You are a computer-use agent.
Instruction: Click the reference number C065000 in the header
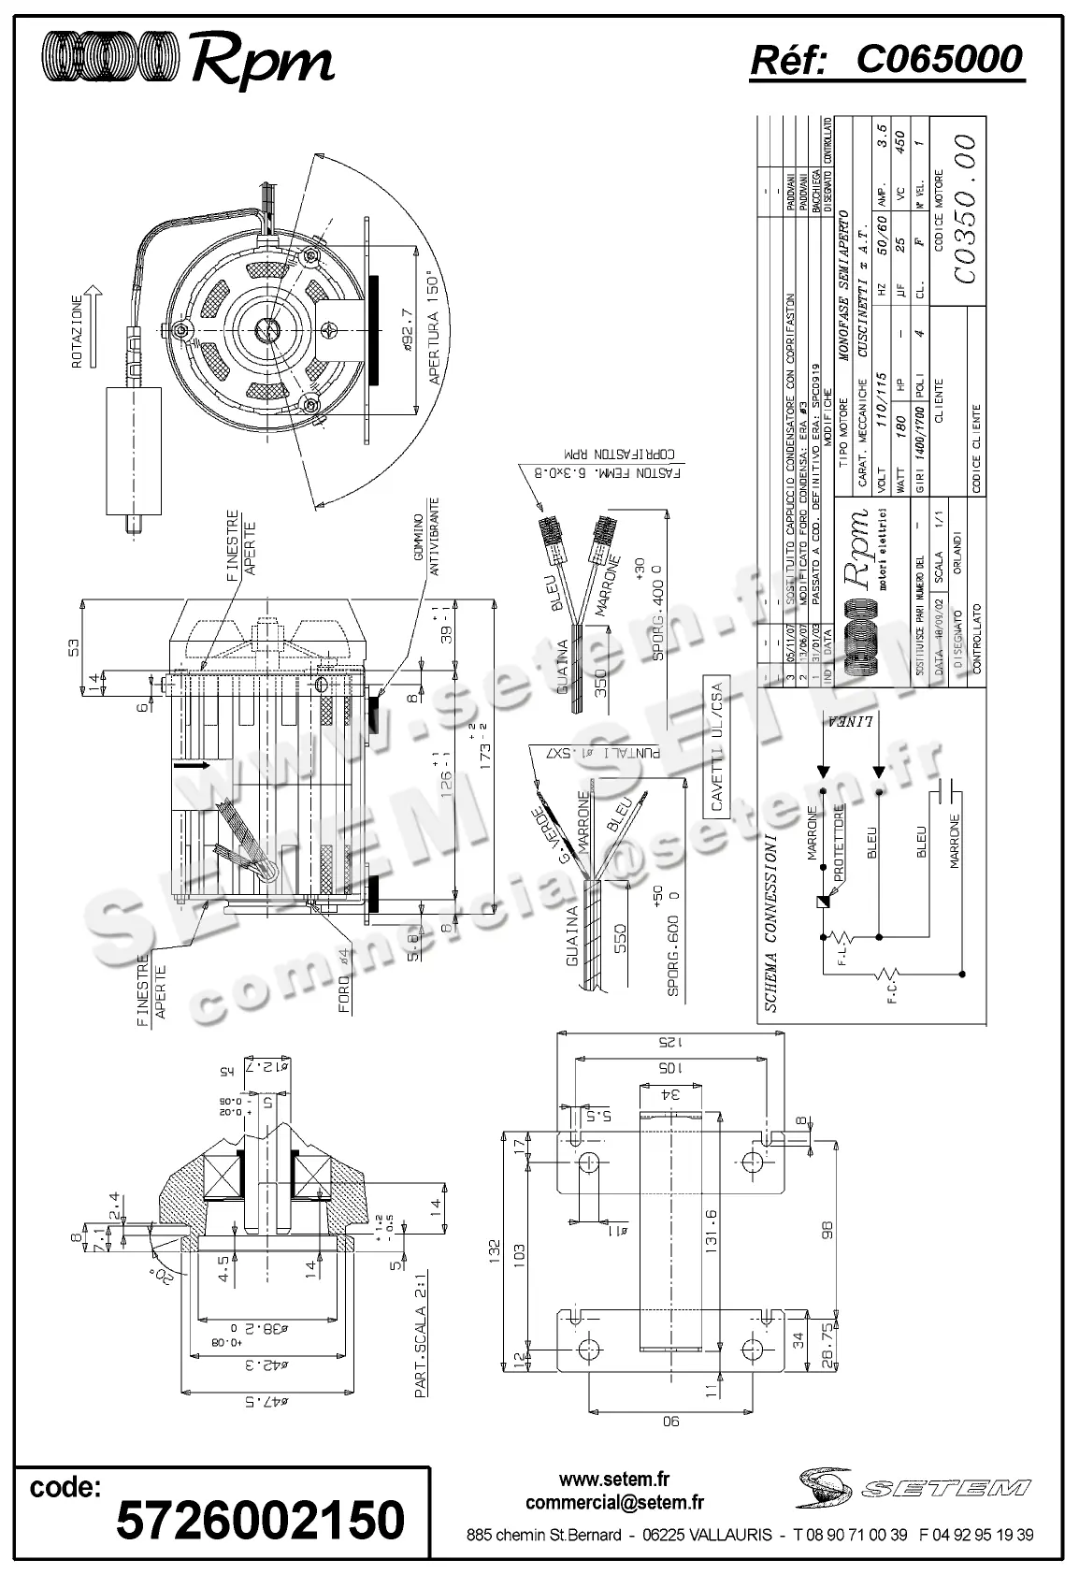[939, 60]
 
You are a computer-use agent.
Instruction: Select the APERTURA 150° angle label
[432, 328]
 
